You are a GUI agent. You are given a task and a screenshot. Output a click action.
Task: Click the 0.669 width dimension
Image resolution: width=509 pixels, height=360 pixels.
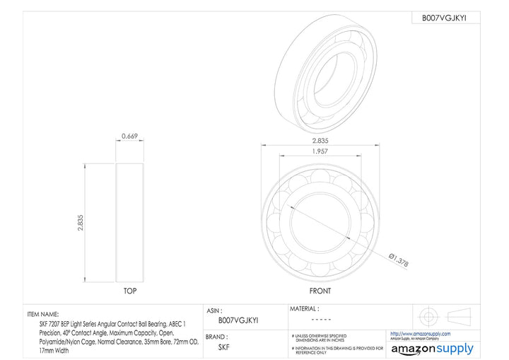pyautogui.click(x=129, y=135)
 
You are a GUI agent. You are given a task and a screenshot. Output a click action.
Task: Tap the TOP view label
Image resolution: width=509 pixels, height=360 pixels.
pyautogui.click(x=130, y=291)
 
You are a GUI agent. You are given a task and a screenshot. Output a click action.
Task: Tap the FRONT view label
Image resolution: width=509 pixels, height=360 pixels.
pyautogui.click(x=320, y=291)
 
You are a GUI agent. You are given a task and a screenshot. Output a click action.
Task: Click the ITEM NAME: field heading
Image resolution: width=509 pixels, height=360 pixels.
pyautogui.click(x=43, y=313)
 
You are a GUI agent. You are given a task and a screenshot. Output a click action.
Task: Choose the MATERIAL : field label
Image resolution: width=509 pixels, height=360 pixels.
pyautogui.click(x=305, y=308)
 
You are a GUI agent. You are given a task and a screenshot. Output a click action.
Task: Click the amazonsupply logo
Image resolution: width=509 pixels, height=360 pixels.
pyautogui.click(x=433, y=348)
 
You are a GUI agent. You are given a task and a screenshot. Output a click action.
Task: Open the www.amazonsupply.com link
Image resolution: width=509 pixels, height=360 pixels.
pyautogui.click(x=420, y=333)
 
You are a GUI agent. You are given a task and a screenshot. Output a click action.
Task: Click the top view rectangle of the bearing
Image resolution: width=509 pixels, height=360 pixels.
pyautogui.click(x=129, y=223)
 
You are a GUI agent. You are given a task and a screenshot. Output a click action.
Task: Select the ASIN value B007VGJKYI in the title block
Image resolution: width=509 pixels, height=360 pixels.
pyautogui.click(x=238, y=320)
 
